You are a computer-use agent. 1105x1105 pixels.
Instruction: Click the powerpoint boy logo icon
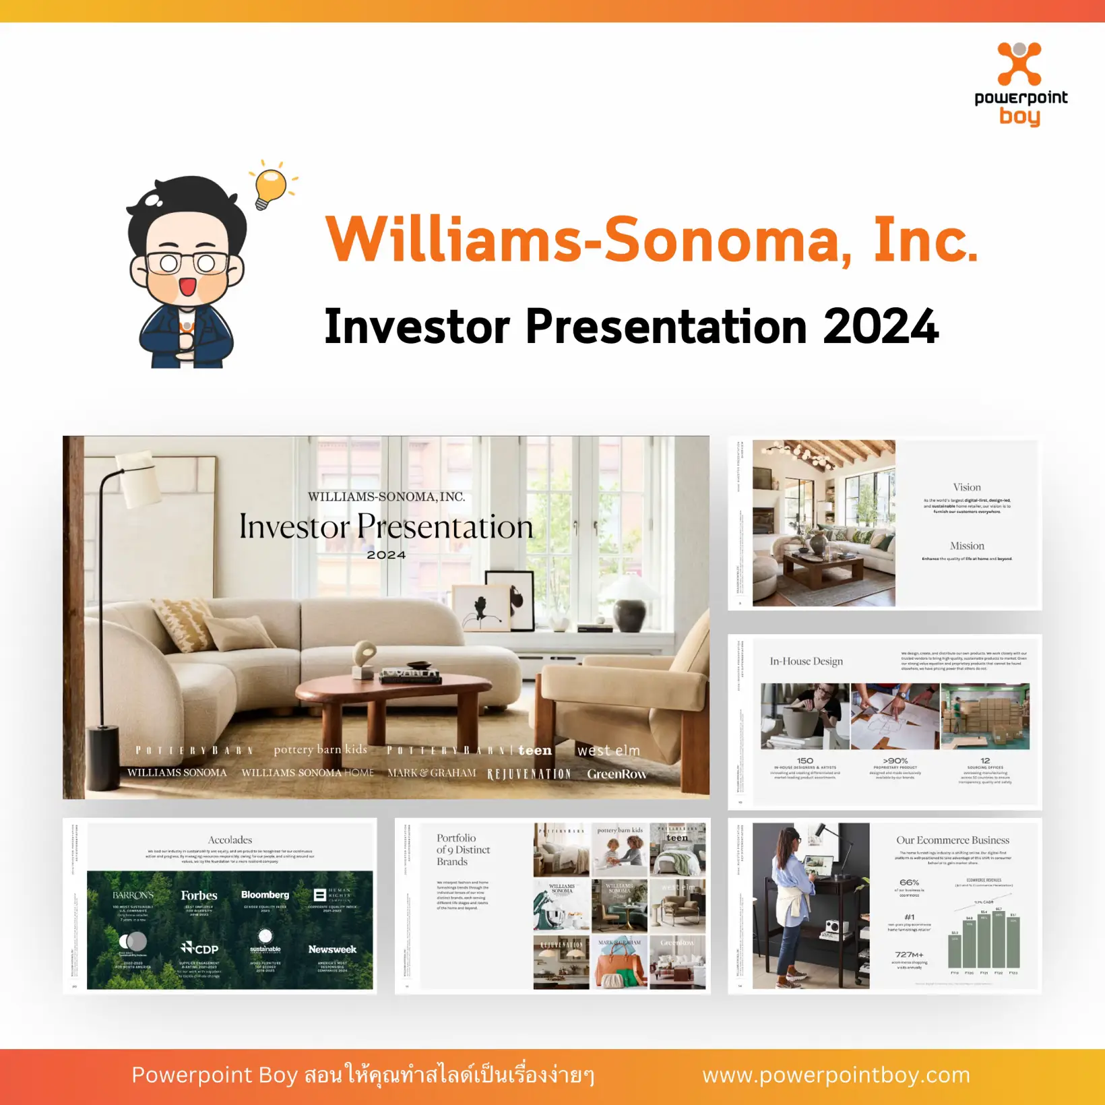1019,65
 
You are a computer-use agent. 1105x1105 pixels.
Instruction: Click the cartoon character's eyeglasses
187,262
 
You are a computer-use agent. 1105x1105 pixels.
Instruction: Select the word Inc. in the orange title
925,241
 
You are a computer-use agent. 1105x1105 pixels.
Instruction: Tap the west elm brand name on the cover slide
608,750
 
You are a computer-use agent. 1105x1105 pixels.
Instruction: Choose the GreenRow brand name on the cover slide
617,774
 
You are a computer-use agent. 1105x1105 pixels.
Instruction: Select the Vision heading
967,487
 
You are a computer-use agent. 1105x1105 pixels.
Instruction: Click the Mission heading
967,546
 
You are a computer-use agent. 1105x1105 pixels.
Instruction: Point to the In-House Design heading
807,661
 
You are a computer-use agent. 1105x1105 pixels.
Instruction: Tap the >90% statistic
895,761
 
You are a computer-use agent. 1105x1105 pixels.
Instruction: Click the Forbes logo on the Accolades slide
199,895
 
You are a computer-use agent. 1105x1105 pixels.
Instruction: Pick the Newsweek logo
332,949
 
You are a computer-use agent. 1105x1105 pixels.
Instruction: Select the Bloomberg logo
265,895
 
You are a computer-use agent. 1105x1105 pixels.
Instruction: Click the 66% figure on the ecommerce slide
909,882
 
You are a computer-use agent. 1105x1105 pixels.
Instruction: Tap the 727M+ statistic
909,954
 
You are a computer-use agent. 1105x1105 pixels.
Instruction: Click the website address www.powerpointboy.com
836,1075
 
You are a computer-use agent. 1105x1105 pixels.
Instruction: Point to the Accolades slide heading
230,840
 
